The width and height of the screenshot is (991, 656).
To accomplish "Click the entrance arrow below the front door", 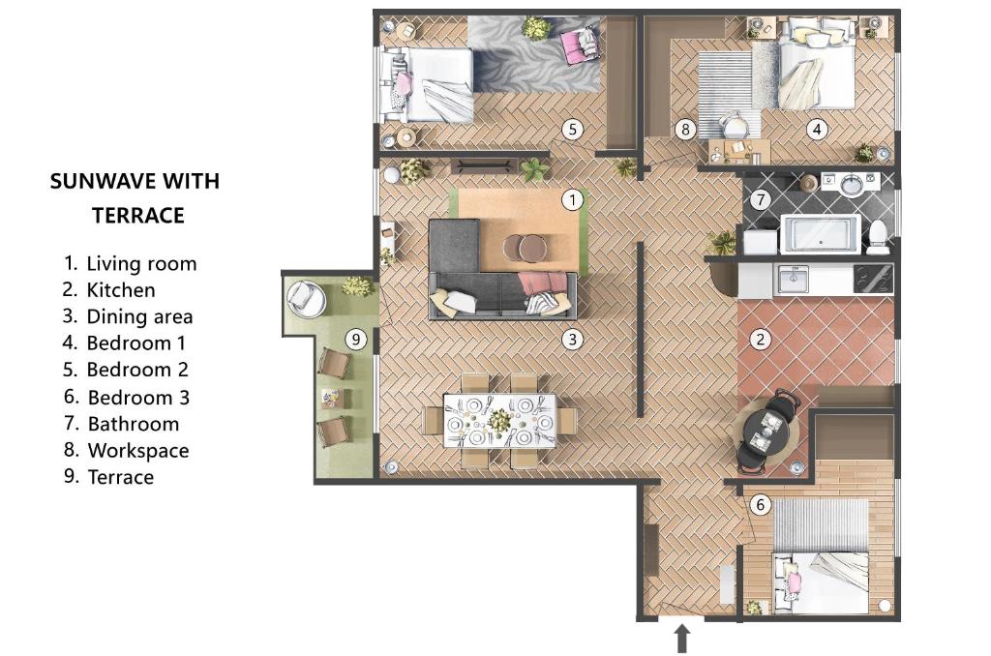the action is click(x=682, y=639).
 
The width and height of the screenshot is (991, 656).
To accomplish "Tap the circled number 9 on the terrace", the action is click(x=356, y=340).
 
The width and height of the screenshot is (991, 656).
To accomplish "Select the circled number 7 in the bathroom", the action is click(x=761, y=199).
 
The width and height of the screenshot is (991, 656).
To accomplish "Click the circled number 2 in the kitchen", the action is click(x=761, y=340).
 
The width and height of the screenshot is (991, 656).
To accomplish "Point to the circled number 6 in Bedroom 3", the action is click(x=761, y=505).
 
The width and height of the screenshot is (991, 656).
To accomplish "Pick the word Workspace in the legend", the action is click(x=138, y=451).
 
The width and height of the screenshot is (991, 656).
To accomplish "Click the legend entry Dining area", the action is click(x=139, y=316).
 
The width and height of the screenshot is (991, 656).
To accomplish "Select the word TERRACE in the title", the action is click(x=138, y=216).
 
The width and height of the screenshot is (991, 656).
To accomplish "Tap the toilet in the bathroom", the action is click(x=878, y=237).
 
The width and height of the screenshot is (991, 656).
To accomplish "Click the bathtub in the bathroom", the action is click(x=821, y=233).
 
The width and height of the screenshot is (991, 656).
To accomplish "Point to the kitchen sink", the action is click(x=794, y=279).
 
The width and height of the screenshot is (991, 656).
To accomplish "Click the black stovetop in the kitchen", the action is click(x=873, y=279).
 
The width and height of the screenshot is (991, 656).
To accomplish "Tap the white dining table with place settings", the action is click(x=499, y=420).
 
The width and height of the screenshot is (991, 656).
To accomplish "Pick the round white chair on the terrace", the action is click(x=306, y=297).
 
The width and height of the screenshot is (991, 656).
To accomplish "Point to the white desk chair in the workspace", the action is click(x=736, y=125).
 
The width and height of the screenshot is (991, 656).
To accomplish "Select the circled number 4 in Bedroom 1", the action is click(x=817, y=130).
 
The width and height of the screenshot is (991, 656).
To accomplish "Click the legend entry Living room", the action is click(x=131, y=263).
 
